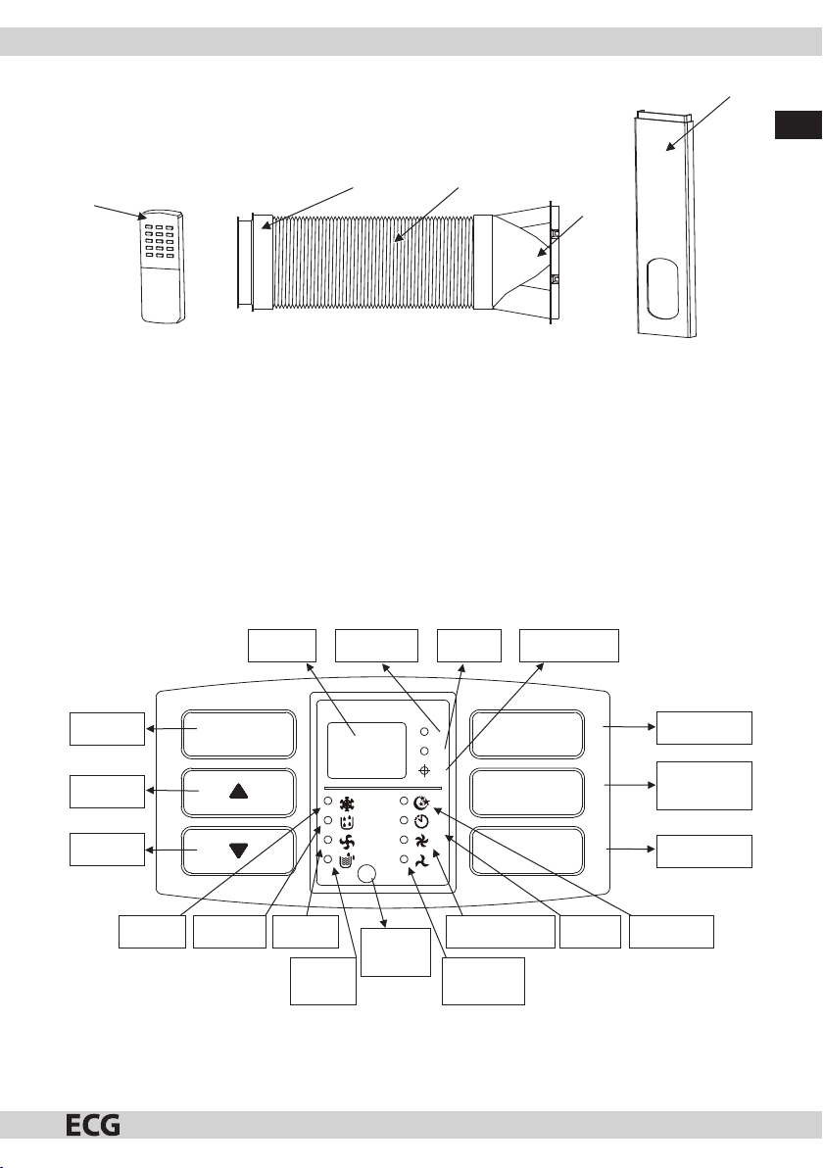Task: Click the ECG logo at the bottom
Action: [93, 1124]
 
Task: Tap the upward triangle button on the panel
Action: [238, 791]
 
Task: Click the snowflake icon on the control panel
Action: [347, 803]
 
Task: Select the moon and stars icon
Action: [422, 803]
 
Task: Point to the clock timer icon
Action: [421, 822]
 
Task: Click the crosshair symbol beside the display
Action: [424, 769]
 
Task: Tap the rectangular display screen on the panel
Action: [366, 751]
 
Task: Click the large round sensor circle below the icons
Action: [367, 874]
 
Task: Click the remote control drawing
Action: [162, 267]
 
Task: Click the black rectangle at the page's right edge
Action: [799, 125]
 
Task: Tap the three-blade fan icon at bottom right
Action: [421, 861]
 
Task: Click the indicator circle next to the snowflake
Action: [327, 802]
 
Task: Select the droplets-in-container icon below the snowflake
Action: [346, 822]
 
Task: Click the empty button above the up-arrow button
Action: [238, 734]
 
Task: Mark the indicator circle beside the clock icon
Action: [404, 820]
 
